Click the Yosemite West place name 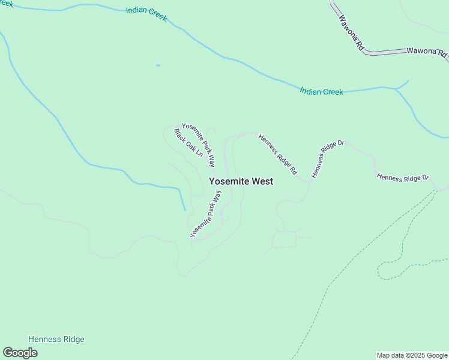pos(241,181)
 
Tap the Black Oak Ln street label pos(188,142)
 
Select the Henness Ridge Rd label pos(277,154)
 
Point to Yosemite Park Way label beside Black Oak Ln pos(199,144)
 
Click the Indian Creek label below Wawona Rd pos(321,92)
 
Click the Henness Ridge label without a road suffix pos(56,340)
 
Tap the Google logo pos(20,353)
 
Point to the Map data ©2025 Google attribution pos(412,355)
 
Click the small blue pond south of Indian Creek pos(158,65)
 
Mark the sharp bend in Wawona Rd pos(367,53)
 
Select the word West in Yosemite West pos(262,181)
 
